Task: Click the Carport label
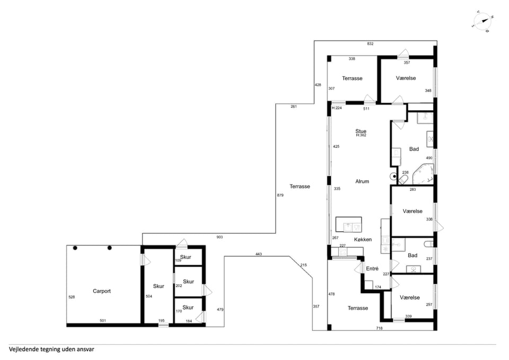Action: pos(102,291)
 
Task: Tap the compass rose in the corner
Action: pos(482,22)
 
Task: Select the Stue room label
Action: pos(361,131)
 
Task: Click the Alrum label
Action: pos(362,181)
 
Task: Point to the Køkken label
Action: pos(363,240)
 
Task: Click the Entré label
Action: pos(372,269)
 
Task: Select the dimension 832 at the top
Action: pos(371,44)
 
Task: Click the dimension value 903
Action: pos(220,238)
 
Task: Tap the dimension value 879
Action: pos(280,196)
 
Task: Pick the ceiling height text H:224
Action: pos(337,108)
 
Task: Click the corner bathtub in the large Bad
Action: pos(423,174)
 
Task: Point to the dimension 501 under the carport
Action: pos(103,321)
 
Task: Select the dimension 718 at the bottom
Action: pos(379,328)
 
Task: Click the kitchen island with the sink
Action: pos(348,225)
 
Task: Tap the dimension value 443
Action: pos(258,254)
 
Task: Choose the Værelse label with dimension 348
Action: pos(406,78)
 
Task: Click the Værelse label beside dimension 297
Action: pos(410,297)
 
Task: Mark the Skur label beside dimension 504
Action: pos(159,286)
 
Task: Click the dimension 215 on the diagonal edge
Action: pos(303,265)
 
